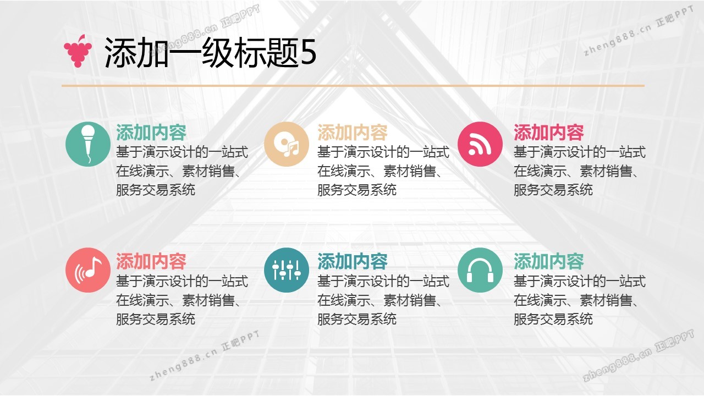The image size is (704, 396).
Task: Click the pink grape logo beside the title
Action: (x=78, y=51)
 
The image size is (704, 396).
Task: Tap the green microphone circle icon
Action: (x=88, y=144)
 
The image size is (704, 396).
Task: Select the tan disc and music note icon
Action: (x=287, y=144)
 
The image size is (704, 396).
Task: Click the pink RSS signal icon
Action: (x=480, y=144)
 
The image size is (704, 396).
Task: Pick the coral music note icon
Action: (x=88, y=270)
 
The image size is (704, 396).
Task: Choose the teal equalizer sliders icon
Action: (x=287, y=270)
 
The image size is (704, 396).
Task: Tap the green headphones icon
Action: (x=480, y=270)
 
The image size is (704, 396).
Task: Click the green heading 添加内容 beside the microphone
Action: (x=151, y=133)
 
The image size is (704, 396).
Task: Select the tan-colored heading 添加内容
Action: (x=353, y=133)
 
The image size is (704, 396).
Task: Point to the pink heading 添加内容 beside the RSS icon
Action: (x=549, y=133)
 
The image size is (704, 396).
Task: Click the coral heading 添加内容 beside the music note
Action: (x=151, y=261)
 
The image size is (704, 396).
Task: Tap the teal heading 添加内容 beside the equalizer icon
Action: (x=353, y=261)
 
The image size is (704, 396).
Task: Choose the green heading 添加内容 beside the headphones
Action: (x=549, y=261)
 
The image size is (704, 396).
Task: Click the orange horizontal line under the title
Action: (x=353, y=85)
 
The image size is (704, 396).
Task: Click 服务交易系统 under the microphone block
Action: (x=156, y=190)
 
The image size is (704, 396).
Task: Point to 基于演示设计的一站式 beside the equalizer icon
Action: (x=383, y=281)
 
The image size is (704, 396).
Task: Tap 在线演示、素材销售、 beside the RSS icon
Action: (x=576, y=171)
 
